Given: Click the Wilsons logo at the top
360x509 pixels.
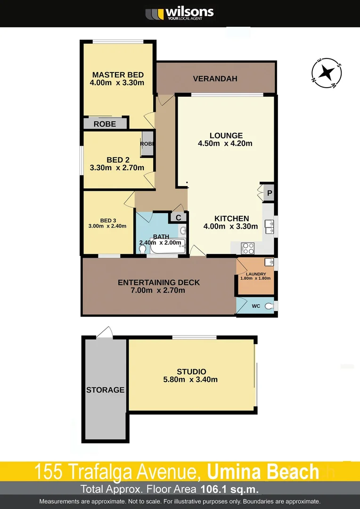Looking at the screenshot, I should (x=180, y=14).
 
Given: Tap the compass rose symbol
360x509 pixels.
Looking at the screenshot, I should (x=327, y=73).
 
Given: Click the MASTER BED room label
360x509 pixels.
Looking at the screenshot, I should (x=117, y=75).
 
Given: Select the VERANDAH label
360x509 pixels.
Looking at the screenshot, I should (x=215, y=79).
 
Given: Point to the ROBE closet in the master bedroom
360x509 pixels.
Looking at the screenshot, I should (x=105, y=124).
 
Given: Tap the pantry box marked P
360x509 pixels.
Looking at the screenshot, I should (x=270, y=193).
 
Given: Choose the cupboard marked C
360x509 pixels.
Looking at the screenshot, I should (x=178, y=217).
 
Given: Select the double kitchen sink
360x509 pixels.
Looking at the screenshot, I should (x=270, y=227).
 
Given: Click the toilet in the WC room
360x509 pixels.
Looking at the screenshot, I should (x=269, y=306).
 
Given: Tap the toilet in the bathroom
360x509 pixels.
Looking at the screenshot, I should (x=142, y=250).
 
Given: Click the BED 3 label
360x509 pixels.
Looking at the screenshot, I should (x=108, y=221).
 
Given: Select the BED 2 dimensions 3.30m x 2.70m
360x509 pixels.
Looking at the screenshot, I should (x=117, y=167).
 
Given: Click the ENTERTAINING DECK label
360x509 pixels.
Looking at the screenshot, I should (x=159, y=282).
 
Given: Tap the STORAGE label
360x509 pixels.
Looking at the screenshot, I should (x=105, y=390).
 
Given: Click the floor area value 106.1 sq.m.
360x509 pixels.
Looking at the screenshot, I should (x=229, y=489).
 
